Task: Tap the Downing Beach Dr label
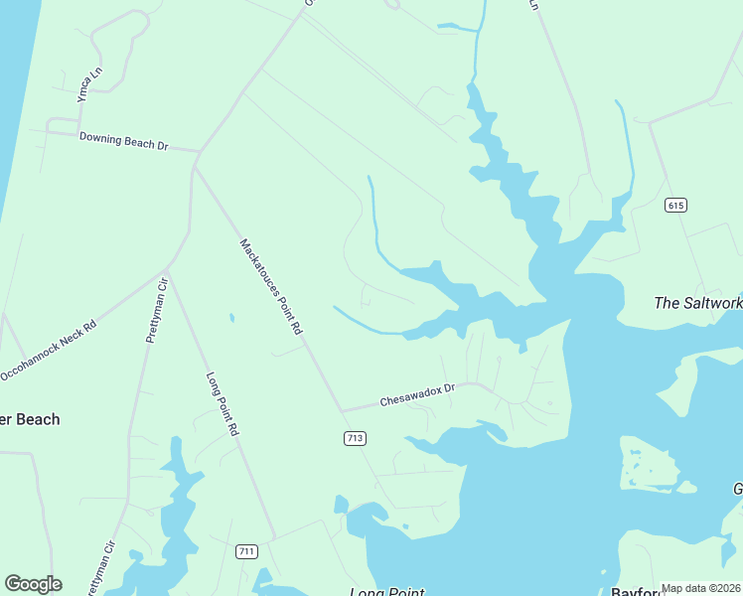click(124, 142)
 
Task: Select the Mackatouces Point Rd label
click(270, 286)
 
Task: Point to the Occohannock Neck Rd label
click(48, 351)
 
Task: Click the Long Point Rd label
click(223, 404)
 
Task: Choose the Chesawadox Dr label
click(417, 396)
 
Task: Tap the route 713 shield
click(355, 438)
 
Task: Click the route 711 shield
click(247, 551)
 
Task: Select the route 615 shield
click(676, 206)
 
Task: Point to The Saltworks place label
click(697, 303)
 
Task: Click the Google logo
click(33, 584)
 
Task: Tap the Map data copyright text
click(700, 588)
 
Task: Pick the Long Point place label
click(386, 592)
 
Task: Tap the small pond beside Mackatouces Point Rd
click(231, 319)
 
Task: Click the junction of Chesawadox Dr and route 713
click(341, 410)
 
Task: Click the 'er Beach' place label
click(30, 419)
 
